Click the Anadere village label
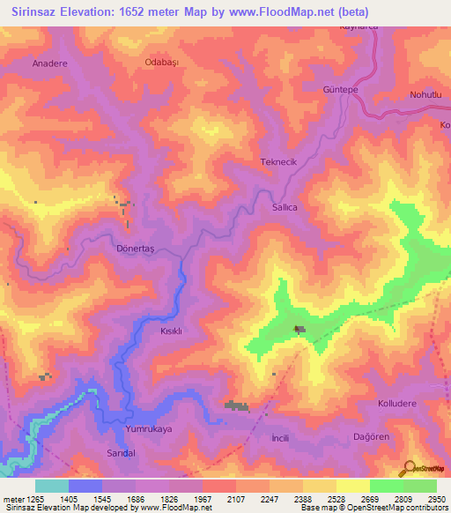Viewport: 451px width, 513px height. coord(49,64)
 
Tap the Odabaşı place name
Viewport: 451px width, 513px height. coord(161,63)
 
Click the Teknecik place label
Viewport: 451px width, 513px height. coord(278,162)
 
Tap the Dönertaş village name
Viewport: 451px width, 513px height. coord(135,249)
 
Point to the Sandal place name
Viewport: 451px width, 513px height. coord(121,452)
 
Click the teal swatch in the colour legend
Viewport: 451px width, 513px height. coord(52,486)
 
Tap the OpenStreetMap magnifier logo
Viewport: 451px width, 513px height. coord(407,468)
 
